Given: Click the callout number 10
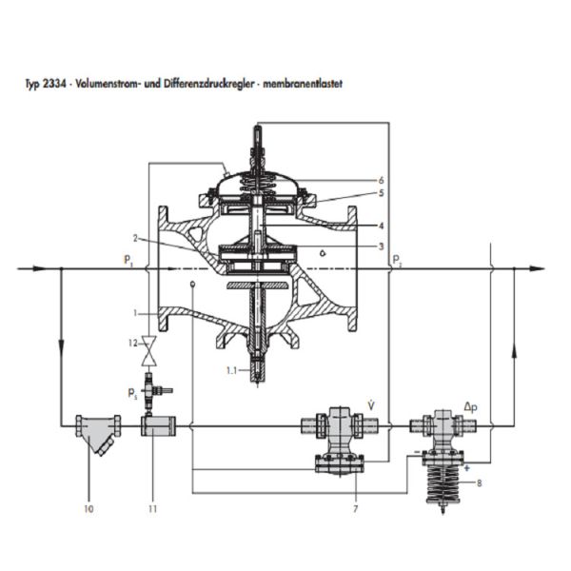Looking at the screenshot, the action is pyautogui.click(x=89, y=509).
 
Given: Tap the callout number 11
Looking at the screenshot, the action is pyautogui.click(x=153, y=509).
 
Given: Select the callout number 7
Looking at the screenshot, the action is pyautogui.click(x=355, y=509).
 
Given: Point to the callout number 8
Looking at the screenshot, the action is pyautogui.click(x=480, y=483).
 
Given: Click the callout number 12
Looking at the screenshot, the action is pyautogui.click(x=132, y=343).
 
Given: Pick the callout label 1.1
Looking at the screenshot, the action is pyautogui.click(x=231, y=371).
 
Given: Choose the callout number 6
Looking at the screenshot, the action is pyautogui.click(x=381, y=180).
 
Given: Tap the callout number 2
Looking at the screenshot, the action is pyautogui.click(x=135, y=239).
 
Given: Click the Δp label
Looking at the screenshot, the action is pyautogui.click(x=470, y=407).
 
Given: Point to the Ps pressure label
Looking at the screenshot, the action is pyautogui.click(x=132, y=394).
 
